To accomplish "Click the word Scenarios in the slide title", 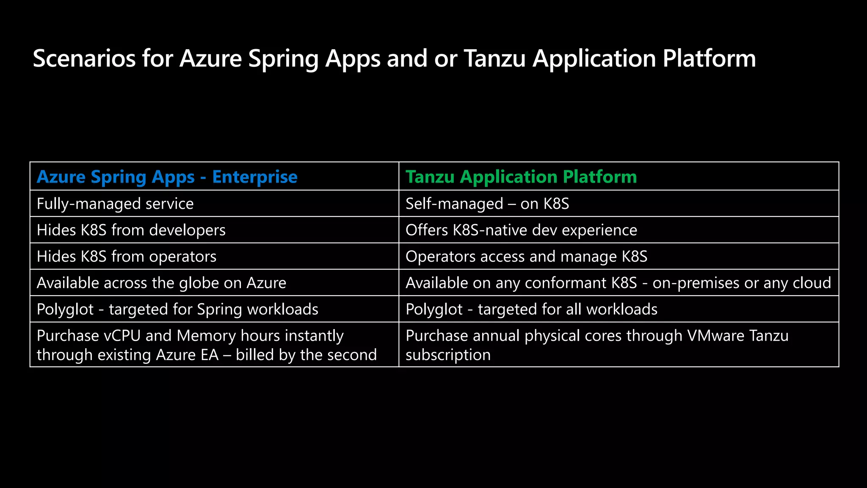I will coord(84,58).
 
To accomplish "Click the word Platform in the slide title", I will coord(709,58).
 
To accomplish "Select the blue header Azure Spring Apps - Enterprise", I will coord(167,177).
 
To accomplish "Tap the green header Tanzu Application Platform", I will coord(521,177).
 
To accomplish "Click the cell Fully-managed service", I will coord(115,204).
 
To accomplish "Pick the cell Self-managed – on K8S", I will coord(487,204).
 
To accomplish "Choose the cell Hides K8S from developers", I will coord(131,230).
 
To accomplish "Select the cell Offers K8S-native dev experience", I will coord(521,230).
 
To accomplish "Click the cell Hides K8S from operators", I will coord(126,256).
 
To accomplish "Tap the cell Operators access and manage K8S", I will coord(526,256).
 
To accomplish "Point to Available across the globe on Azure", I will coord(161,283).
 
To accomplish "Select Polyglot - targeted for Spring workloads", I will coord(177,309).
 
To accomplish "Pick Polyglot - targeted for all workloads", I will coord(531,309).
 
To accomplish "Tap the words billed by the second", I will coord(306,355).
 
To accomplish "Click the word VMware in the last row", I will coord(715,335).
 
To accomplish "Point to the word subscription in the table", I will coord(448,355).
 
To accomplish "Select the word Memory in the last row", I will coord(206,335).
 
